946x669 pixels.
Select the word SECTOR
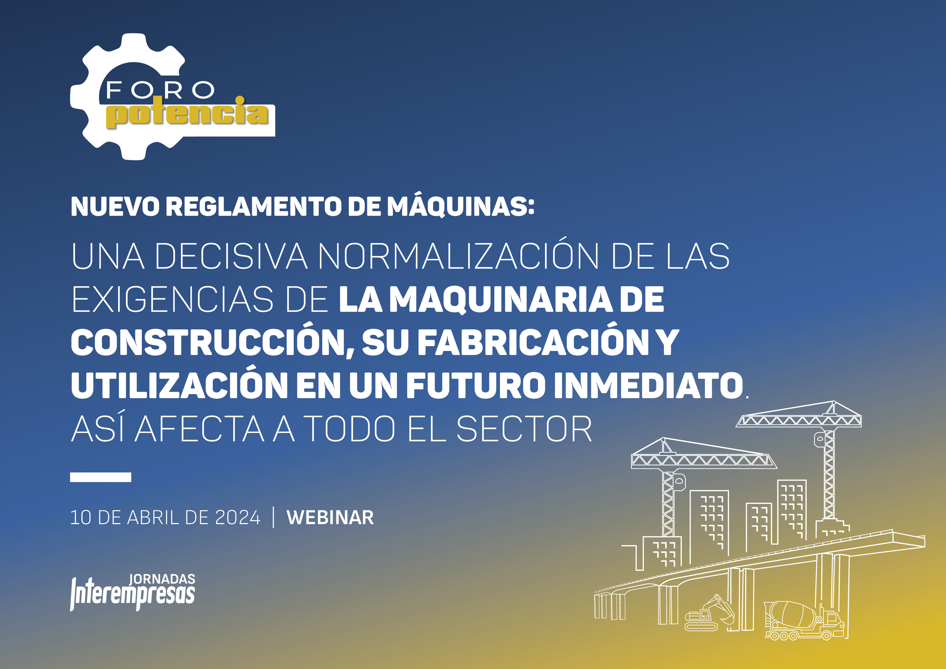(x=524, y=429)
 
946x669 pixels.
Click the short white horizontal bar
(x=101, y=477)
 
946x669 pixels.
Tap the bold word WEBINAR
(x=330, y=518)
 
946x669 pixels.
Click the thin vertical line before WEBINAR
(x=274, y=518)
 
